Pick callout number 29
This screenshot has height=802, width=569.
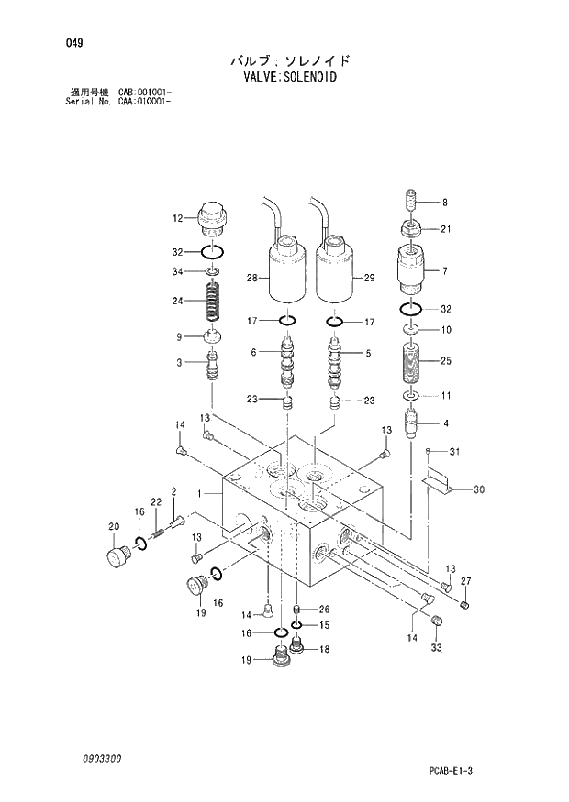point(370,278)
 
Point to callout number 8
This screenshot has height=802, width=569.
point(444,203)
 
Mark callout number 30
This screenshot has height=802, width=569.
point(478,489)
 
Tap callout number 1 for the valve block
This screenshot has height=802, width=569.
point(198,494)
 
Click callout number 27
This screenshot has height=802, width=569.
point(465,581)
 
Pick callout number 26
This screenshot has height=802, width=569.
point(324,609)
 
